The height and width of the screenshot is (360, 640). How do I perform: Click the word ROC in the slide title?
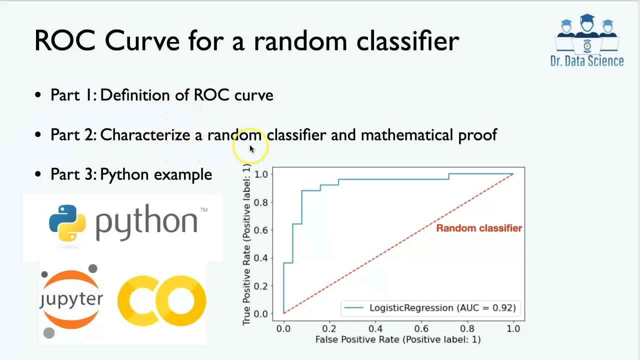click(x=64, y=40)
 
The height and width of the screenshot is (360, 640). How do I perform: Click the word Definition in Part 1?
click(x=134, y=95)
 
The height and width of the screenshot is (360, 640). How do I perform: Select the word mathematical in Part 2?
click(x=407, y=135)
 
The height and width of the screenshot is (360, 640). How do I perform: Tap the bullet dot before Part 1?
click(x=38, y=94)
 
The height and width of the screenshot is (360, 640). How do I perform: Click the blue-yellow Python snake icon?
click(x=67, y=223)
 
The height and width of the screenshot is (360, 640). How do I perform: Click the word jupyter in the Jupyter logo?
click(x=71, y=299)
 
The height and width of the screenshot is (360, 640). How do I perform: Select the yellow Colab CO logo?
click(x=161, y=300)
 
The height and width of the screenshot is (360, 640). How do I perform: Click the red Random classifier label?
click(x=478, y=228)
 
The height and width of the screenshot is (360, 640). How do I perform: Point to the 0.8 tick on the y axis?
click(x=261, y=202)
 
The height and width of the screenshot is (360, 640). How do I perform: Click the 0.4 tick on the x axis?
click(x=375, y=329)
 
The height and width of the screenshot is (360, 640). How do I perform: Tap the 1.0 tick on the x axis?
click(x=513, y=329)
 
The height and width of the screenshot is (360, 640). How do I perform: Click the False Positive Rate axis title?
click(x=397, y=339)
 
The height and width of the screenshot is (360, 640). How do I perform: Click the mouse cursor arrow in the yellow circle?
click(x=251, y=148)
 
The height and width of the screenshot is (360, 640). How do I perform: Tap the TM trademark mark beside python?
click(x=203, y=210)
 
